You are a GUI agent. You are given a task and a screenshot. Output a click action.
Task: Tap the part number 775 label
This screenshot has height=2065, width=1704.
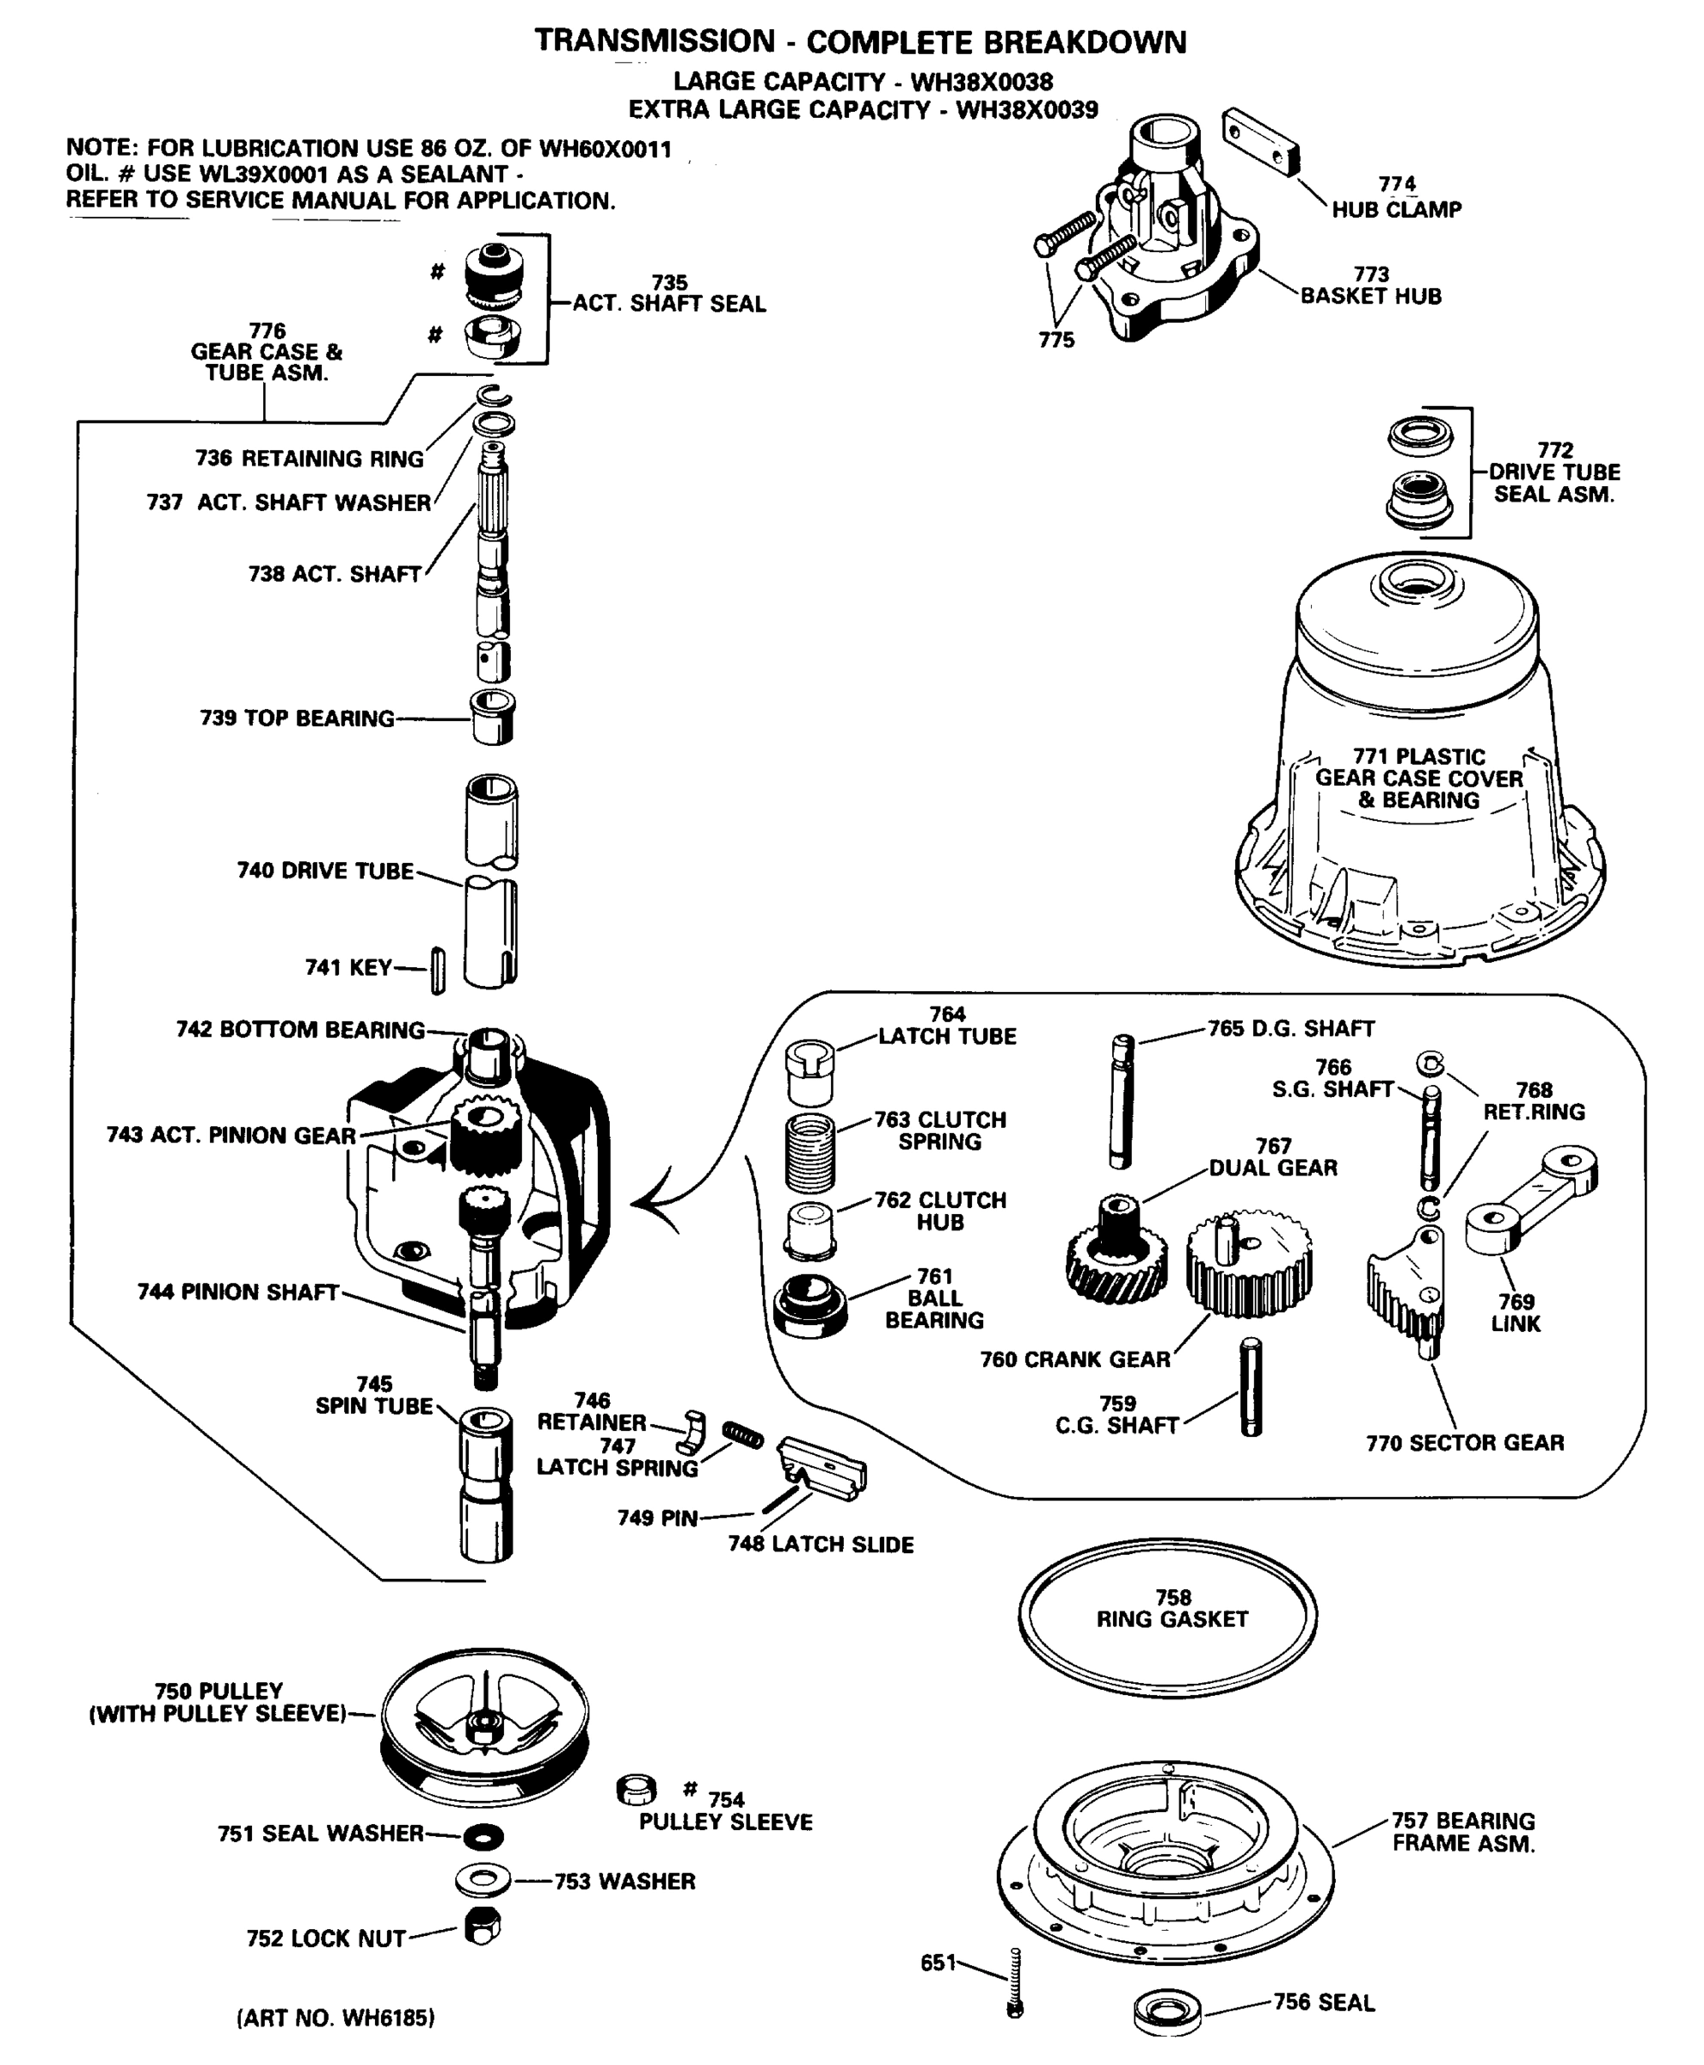[1056, 340]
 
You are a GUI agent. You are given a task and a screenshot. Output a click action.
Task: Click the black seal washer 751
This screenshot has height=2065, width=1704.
[482, 1835]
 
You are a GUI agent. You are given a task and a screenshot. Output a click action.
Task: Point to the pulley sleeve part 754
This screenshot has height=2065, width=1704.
[636, 1790]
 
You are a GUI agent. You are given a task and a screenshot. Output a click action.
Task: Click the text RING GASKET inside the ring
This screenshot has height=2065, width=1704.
[1172, 1620]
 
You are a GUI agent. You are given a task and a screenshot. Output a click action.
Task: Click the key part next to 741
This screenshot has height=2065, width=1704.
[438, 971]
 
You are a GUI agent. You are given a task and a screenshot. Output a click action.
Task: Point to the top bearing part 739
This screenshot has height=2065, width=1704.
[494, 717]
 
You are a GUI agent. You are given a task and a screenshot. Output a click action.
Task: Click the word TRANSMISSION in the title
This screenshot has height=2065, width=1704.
[655, 41]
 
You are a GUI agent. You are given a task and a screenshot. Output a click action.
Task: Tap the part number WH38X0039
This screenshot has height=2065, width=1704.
[1027, 110]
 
